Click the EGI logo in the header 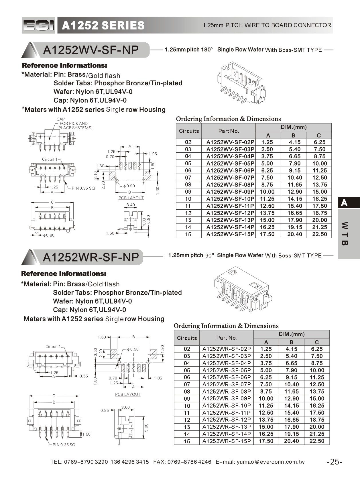point(38,25)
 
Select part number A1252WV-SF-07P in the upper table point(230,178)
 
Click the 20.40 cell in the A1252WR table point(291,441)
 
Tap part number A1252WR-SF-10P point(226,406)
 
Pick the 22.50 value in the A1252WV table point(319,234)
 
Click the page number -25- point(335,462)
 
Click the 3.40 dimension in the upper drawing point(131,205)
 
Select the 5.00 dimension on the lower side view point(146,428)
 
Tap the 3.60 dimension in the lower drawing point(125,407)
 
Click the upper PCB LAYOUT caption point(131,198)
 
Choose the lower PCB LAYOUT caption point(128,394)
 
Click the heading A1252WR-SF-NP point(91,257)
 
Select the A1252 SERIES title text point(103,25)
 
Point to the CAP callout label point(61,119)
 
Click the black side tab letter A point(344,203)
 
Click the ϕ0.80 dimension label point(48,235)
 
